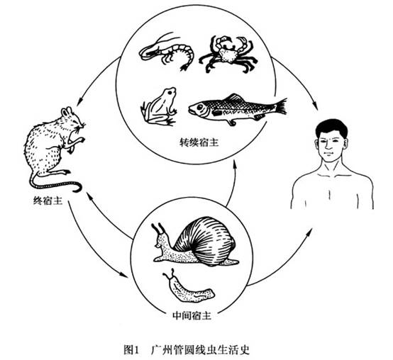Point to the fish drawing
(237, 108)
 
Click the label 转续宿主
(199, 142)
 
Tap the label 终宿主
(48, 201)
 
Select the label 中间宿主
(192, 316)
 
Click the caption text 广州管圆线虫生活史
(201, 349)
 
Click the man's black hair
(331, 128)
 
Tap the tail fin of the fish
(281, 106)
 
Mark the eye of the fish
(200, 108)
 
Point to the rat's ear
(67, 112)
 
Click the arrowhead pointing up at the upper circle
(235, 164)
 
